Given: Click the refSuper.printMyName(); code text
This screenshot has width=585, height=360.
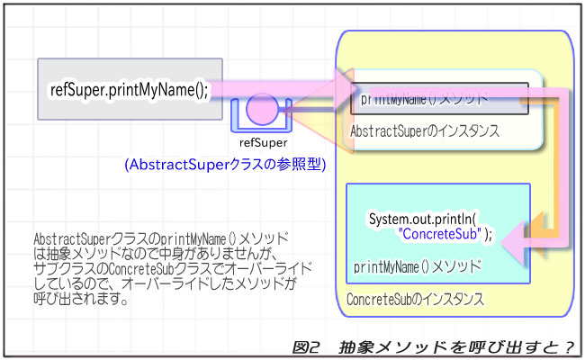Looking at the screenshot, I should (x=129, y=90).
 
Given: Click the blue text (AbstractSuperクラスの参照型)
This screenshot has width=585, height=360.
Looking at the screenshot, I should (x=225, y=165).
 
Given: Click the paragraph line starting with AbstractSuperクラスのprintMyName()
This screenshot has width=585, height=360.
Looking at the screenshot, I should (x=162, y=239).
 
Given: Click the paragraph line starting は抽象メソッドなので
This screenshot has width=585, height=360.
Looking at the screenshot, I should (x=162, y=254).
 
